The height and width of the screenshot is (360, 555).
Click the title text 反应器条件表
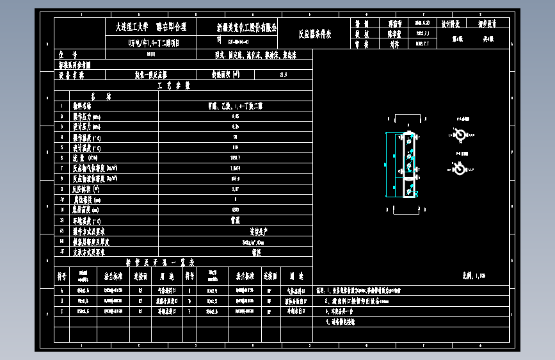coord(315,35)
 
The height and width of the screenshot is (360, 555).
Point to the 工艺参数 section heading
coord(173,85)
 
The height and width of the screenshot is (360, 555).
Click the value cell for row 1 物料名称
coord(236,106)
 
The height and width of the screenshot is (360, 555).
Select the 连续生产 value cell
coord(236,231)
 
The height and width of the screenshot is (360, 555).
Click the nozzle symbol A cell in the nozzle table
coord(62,290)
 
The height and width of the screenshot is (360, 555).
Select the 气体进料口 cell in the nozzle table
coord(171,290)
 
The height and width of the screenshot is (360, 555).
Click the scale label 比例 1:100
coord(473,276)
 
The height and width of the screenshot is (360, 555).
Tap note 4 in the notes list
coord(339,322)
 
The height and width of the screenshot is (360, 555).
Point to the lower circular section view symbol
coord(458,168)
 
